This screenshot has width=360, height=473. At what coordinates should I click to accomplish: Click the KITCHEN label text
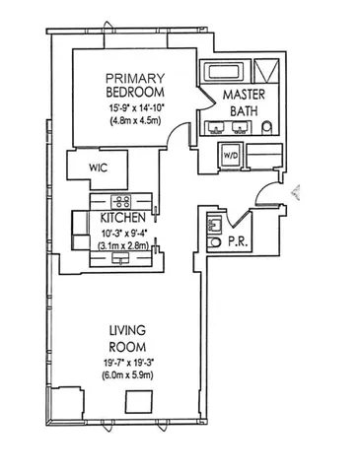(x=124, y=217)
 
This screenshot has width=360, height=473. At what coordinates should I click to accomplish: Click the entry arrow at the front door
(x=297, y=193)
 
